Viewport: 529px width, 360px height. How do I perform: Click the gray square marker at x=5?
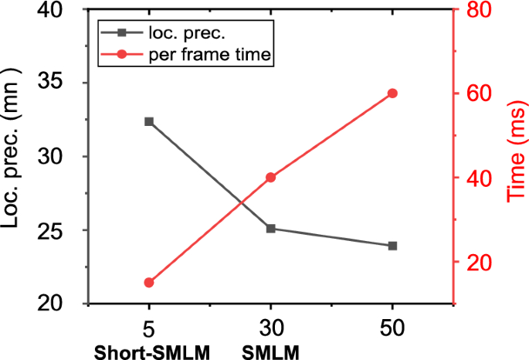[x=149, y=122]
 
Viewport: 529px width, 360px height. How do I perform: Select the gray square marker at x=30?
[x=270, y=229]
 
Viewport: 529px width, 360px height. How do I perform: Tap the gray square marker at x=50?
[x=392, y=246]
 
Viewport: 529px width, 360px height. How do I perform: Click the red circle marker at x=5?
[x=149, y=283]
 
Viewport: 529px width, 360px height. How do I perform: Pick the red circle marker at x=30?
[x=270, y=177]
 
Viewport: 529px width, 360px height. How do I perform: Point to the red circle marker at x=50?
[x=392, y=93]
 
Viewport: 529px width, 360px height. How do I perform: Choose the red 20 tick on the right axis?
[x=479, y=263]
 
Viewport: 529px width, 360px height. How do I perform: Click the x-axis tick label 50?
[x=392, y=328]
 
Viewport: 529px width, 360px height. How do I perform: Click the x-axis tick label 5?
[x=149, y=328]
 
